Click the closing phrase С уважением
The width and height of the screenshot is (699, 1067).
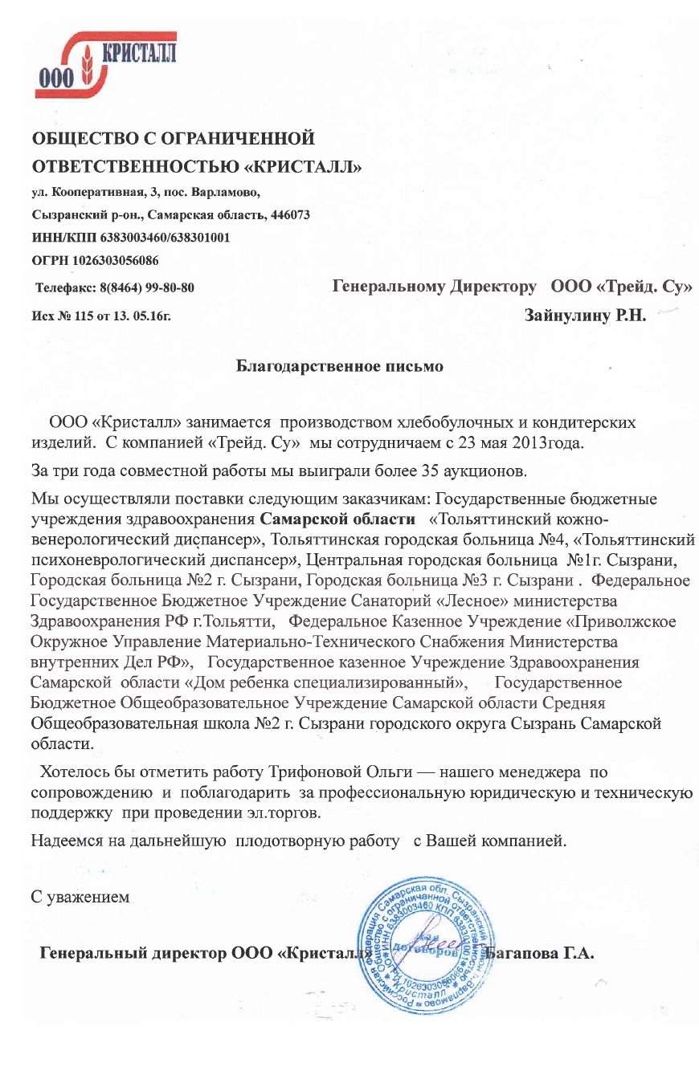(80, 896)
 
